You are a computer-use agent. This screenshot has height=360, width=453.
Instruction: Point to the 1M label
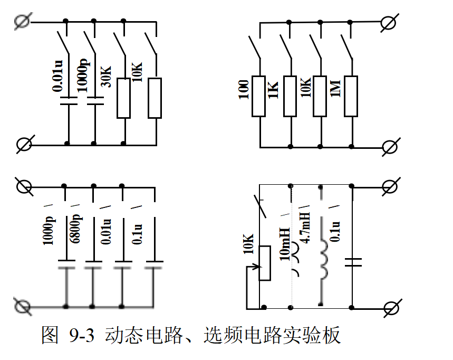[x=335, y=87]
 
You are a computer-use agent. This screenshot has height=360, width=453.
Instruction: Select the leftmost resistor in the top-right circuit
[x=259, y=96]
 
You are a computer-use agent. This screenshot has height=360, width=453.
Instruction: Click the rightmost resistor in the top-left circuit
[x=155, y=98]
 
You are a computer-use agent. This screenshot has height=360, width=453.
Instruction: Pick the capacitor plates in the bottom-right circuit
[x=352, y=262]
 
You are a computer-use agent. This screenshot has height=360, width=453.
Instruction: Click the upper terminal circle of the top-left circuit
[x=22, y=21]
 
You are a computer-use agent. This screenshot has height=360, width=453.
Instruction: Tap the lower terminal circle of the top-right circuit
[x=389, y=146]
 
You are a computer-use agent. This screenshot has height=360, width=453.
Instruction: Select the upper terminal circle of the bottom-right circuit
[x=389, y=186]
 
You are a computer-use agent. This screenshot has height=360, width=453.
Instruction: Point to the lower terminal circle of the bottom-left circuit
[x=22, y=306]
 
